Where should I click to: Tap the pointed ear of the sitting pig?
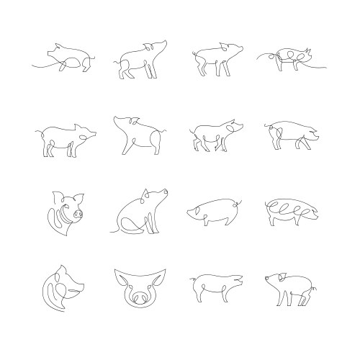[147, 192]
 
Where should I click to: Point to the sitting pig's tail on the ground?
[115, 230]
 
